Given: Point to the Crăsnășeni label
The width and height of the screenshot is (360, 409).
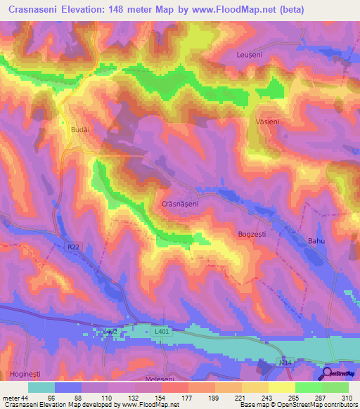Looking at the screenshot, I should [x=181, y=203].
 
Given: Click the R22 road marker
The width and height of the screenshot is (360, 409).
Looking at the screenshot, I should [x=74, y=247].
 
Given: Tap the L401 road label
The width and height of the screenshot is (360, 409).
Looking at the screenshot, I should [x=162, y=330].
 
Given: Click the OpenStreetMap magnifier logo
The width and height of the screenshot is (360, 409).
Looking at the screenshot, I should [x=328, y=373].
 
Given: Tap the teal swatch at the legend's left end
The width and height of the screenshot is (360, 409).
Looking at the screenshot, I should [x=41, y=387].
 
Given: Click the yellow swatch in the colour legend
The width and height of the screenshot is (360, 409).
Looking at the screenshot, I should [x=281, y=387].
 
